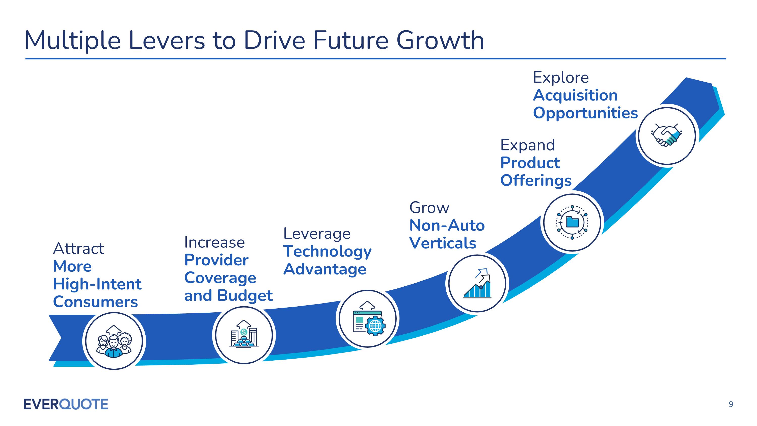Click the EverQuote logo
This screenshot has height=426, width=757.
pyautogui.click(x=66, y=404)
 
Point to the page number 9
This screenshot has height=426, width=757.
pyautogui.click(x=731, y=404)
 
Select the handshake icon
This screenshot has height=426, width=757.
pyautogui.click(x=666, y=136)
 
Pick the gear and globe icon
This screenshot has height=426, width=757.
pyautogui.click(x=368, y=319)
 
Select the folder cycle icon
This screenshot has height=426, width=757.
pyautogui.click(x=572, y=222)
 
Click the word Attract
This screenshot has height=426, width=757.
pyautogui.click(x=78, y=249)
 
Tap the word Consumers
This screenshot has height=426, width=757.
pyautogui.click(x=95, y=302)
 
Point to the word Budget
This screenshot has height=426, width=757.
pyautogui.click(x=245, y=295)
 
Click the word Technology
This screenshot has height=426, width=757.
pyautogui.click(x=327, y=252)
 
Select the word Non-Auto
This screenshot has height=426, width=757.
pyautogui.click(x=447, y=225)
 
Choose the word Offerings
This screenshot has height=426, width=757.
pyautogui.click(x=536, y=180)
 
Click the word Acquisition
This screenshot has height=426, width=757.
pyautogui.click(x=575, y=95)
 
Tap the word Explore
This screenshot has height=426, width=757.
pyautogui.click(x=561, y=78)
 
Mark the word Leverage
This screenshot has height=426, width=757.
pyautogui.click(x=317, y=234)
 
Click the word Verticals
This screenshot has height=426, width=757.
pyautogui.click(x=443, y=243)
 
